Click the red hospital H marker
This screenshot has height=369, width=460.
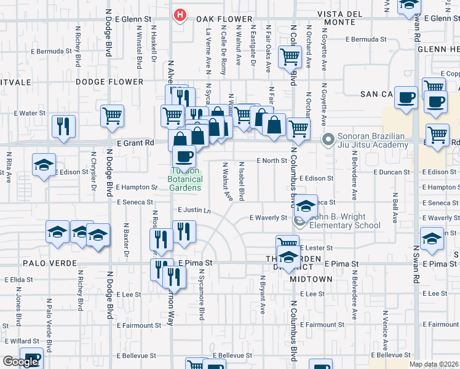pyautogui.click(x=180, y=14)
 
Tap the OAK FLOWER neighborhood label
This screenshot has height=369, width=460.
pyautogui.click(x=220, y=19)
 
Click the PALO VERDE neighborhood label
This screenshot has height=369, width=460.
pyautogui.click(x=49, y=263)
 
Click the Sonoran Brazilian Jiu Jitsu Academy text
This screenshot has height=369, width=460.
pyautogui.click(x=372, y=140)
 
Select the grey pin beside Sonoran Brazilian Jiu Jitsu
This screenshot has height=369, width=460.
pyautogui.click(x=328, y=140)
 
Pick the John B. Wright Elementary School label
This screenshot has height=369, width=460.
pyautogui.click(x=346, y=221)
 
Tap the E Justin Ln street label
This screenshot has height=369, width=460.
pyautogui.click(x=194, y=210)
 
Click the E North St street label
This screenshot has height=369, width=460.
pyautogui.click(x=272, y=161)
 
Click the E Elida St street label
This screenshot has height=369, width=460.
pyautogui.click(x=22, y=279)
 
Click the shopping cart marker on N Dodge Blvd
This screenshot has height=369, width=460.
pyautogui.click(x=113, y=116)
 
